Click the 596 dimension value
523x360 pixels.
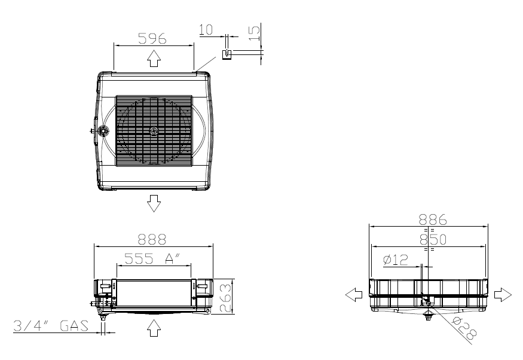pos(152,38)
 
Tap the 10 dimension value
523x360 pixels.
pos(206,30)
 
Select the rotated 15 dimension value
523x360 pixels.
pos(254,33)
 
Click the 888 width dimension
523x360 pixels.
pos(152,239)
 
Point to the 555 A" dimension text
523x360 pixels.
pos(152,258)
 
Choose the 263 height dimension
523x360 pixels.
pos(225,298)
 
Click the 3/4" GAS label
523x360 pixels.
pos(51,326)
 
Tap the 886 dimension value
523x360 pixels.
pos(433,220)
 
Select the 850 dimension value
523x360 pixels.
pos(433,240)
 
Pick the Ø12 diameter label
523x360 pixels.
pos(396,260)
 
